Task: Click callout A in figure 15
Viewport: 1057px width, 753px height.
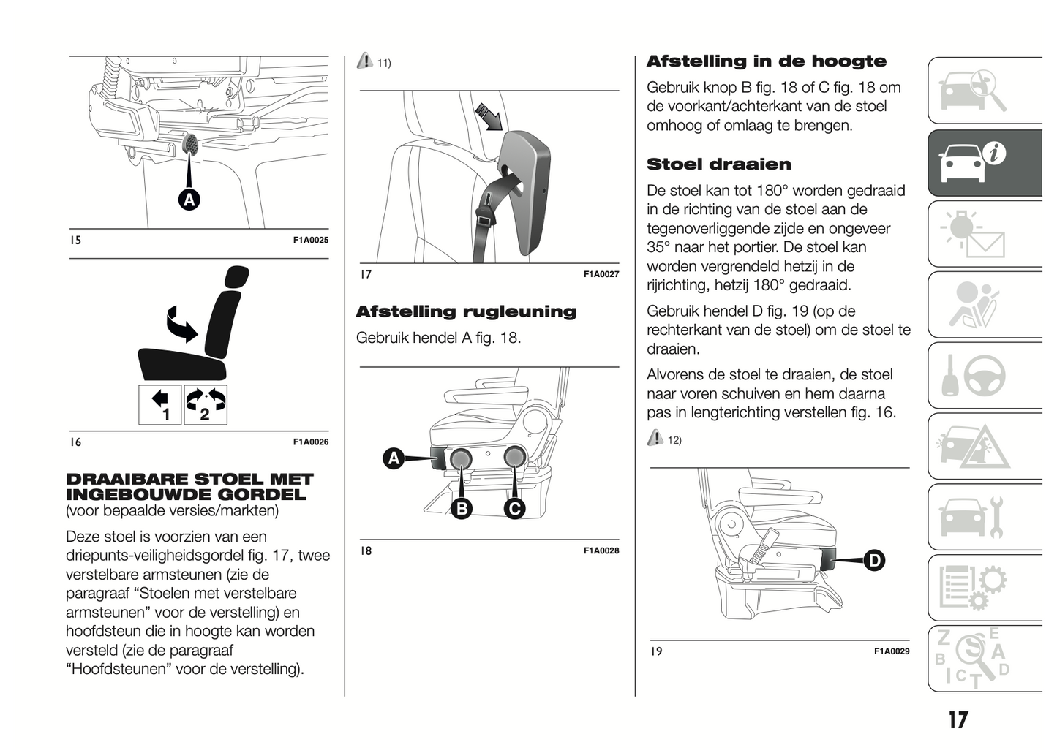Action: pyautogui.click(x=189, y=200)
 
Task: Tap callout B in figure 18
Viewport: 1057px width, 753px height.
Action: pyautogui.click(x=462, y=508)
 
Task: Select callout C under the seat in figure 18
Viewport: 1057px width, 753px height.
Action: pyautogui.click(x=514, y=508)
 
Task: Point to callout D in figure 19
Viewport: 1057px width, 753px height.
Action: pyautogui.click(x=873, y=561)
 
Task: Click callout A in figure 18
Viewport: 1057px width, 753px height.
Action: pyautogui.click(x=394, y=458)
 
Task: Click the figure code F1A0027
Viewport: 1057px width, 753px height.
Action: pyautogui.click(x=601, y=274)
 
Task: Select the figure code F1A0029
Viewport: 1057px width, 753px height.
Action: pyautogui.click(x=892, y=651)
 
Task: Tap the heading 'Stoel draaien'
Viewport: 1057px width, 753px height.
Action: pyautogui.click(x=718, y=164)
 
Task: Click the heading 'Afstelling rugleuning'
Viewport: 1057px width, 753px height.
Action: pyautogui.click(x=466, y=311)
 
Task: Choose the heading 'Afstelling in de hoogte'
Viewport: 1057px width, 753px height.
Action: pyautogui.click(x=766, y=61)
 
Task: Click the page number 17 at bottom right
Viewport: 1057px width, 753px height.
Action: pyautogui.click(x=958, y=720)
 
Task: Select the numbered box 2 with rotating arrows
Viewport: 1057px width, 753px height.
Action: pyautogui.click(x=206, y=404)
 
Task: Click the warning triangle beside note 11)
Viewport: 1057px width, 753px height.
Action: pyautogui.click(x=364, y=62)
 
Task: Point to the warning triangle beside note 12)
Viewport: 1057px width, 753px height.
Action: pyautogui.click(x=655, y=439)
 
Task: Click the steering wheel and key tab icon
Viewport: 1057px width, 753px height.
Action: pyautogui.click(x=974, y=376)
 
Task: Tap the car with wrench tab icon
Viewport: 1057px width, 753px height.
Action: pyautogui.click(x=974, y=518)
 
